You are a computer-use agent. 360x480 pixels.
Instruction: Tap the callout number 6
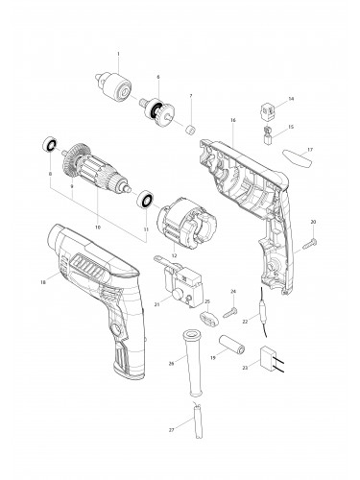157,76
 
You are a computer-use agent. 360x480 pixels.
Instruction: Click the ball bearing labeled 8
44,147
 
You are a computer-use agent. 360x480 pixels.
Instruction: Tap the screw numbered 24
228,311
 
